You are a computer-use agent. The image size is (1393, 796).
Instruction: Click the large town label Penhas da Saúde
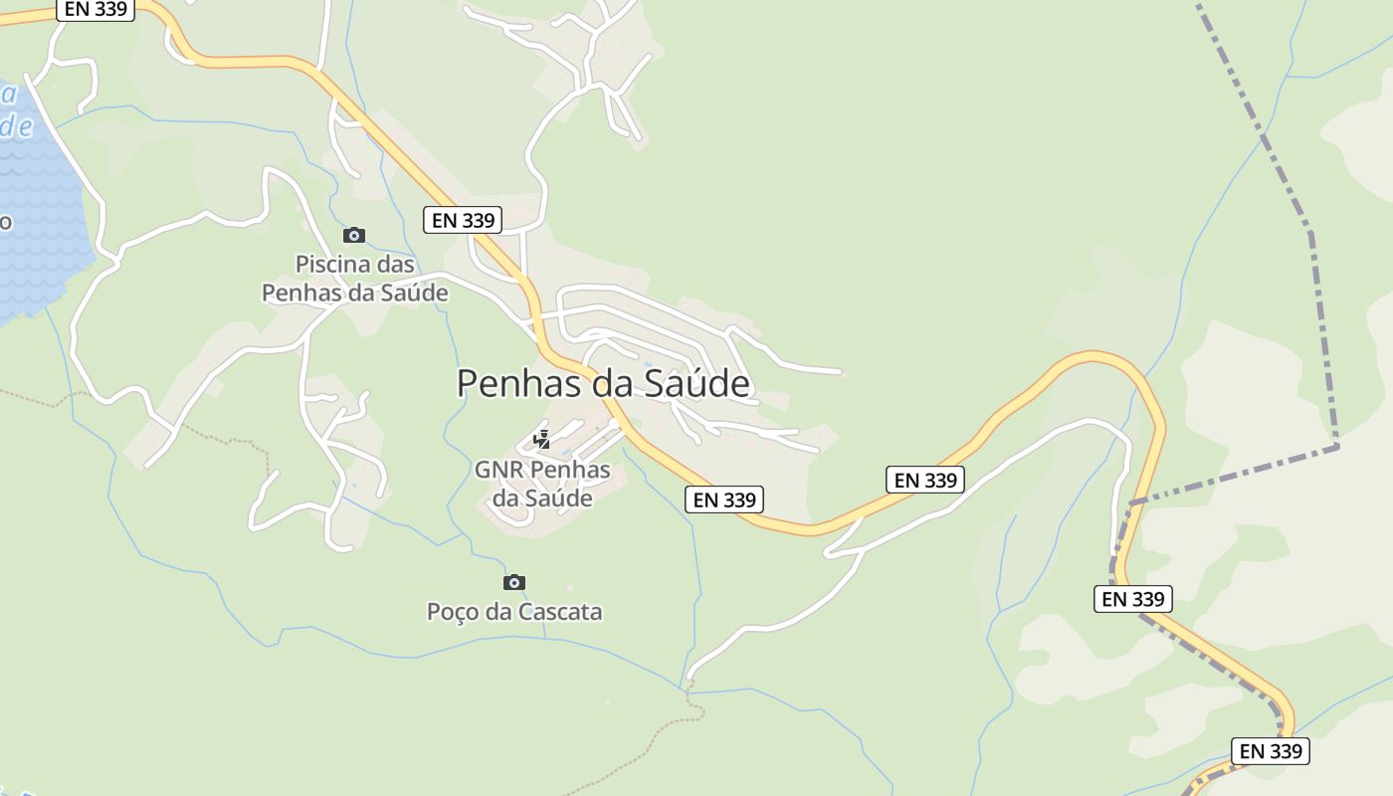(x=603, y=383)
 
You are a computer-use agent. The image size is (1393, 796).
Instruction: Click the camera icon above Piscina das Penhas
(x=353, y=236)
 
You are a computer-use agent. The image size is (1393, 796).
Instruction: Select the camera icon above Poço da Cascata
(x=513, y=582)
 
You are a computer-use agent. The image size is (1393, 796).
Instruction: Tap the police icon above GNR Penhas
(x=542, y=439)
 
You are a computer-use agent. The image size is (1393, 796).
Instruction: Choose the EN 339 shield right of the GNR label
(x=724, y=499)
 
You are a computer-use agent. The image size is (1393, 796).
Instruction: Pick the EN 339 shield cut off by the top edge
(x=97, y=9)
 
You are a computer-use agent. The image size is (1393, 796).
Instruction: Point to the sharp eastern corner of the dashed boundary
(x=1336, y=447)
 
